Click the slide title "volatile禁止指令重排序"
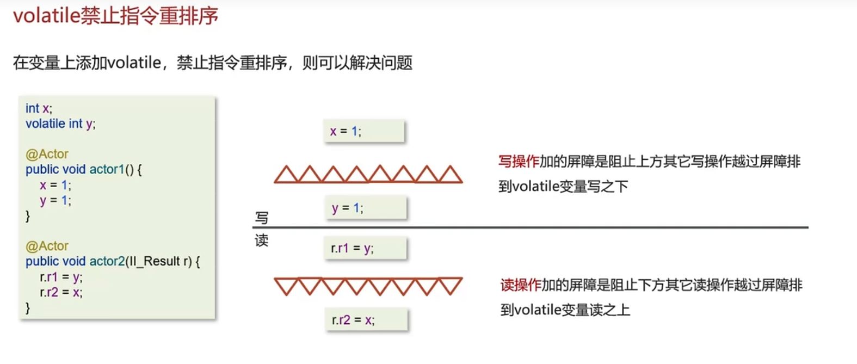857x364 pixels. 115,16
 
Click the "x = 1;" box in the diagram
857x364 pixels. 363,131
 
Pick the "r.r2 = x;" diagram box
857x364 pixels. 366,320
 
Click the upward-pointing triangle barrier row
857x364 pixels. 368,174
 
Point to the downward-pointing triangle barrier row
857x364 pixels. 368,286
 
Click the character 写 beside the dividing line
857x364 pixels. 262,218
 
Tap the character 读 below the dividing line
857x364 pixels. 262,240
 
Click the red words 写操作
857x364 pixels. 519,162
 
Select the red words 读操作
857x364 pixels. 521,285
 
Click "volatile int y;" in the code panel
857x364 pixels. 60,124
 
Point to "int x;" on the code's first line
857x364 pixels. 39,108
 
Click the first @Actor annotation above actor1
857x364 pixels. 47,154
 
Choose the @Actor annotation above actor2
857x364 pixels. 47,246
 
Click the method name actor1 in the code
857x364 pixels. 107,170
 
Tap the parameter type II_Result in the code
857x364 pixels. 155,262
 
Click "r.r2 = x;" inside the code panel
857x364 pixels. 61,293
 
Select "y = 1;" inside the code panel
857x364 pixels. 56,201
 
